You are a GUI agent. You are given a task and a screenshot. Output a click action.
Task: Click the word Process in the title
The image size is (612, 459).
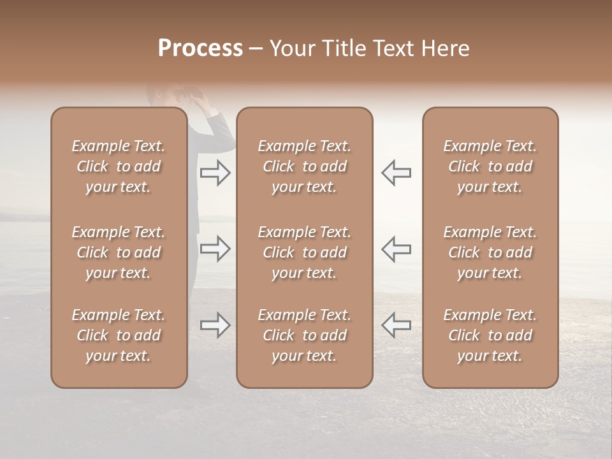coord(200,48)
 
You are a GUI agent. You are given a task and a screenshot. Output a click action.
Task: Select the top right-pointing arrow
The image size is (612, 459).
coord(215,173)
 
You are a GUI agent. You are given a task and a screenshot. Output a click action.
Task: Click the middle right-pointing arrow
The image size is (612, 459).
coord(215,249)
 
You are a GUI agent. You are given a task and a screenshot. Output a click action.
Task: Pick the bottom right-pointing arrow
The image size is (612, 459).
coord(215,325)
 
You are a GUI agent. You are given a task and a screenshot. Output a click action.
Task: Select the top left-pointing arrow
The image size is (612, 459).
coord(396,173)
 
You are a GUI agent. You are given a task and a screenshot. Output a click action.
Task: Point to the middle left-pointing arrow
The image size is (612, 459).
coord(396,249)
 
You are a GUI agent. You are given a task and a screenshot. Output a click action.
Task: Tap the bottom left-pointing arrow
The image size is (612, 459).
coord(396,325)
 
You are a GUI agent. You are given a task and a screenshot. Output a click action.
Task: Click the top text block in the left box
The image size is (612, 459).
coord(119,166)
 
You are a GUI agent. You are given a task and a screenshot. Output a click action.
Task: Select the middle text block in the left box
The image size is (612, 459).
coord(119,252)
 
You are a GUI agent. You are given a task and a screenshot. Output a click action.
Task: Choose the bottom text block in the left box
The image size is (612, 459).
coord(119,335)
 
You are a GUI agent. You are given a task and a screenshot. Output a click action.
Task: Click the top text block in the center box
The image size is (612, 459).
coord(304,166)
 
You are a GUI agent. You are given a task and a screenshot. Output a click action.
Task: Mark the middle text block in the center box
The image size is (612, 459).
coord(304,252)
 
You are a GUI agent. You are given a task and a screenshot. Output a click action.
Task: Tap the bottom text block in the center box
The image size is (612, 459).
coord(304,335)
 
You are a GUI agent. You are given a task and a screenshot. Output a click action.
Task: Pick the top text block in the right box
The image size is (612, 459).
coord(490,166)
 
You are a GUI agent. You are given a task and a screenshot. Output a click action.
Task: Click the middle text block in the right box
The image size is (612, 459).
coord(490,252)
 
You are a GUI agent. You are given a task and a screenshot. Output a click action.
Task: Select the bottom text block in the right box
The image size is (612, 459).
coord(490,335)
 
